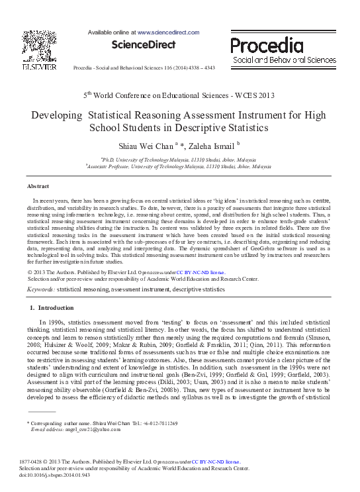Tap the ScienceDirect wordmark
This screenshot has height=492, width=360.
(x=144, y=44)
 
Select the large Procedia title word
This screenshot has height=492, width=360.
(x=266, y=46)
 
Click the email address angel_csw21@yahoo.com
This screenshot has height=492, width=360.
(x=88, y=429)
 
